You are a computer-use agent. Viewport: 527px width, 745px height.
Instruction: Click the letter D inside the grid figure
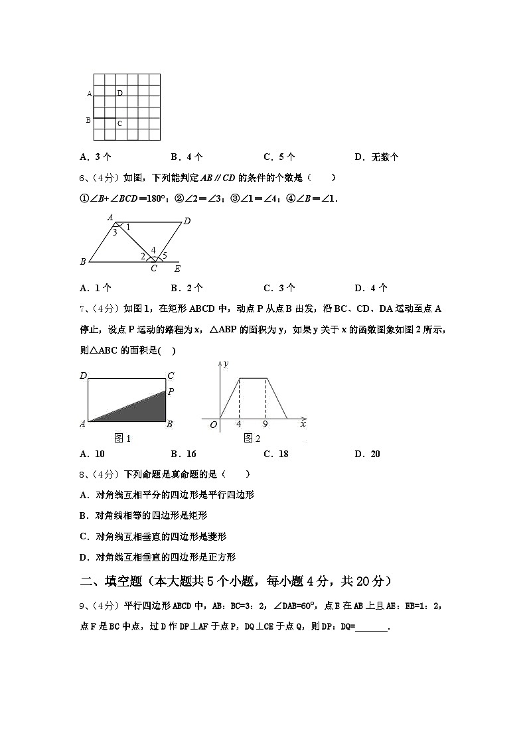pos(119,93)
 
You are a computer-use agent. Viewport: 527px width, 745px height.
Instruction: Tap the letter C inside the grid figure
pos(119,123)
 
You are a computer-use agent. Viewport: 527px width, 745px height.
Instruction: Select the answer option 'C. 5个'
pos(279,157)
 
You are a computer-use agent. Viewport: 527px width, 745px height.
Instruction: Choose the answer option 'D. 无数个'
pos(376,157)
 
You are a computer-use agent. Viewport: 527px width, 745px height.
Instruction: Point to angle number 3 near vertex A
pos(114,232)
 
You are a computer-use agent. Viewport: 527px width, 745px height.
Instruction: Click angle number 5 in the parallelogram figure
pos(165,256)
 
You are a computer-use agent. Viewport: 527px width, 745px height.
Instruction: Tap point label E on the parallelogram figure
pos(177,269)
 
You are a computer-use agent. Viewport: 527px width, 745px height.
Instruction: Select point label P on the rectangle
pos(171,391)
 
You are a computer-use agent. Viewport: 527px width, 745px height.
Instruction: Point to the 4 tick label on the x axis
pos(238,424)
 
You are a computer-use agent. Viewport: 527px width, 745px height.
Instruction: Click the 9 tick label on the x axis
pos(265,424)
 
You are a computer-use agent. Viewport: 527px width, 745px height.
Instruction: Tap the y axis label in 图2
pos(226,364)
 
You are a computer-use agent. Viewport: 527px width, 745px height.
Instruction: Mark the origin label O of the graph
pos(213,425)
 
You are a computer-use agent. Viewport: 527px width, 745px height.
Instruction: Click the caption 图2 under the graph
pos(252,438)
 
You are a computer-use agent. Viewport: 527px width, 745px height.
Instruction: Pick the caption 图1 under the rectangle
pos(123,438)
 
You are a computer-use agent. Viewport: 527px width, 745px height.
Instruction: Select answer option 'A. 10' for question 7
pos(92,454)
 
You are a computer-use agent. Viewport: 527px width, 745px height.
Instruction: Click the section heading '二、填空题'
pos(111,581)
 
